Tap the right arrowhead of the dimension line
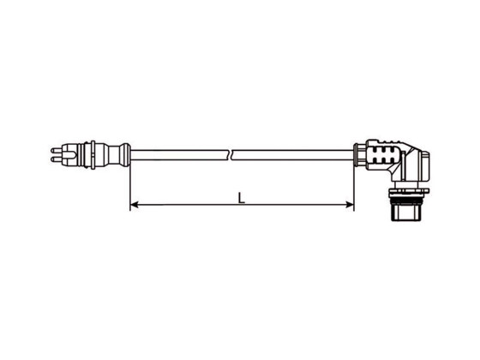pyautogui.click(x=350, y=204)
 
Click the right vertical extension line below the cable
pyautogui.click(x=354, y=184)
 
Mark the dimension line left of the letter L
pyautogui.click(x=184, y=204)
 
